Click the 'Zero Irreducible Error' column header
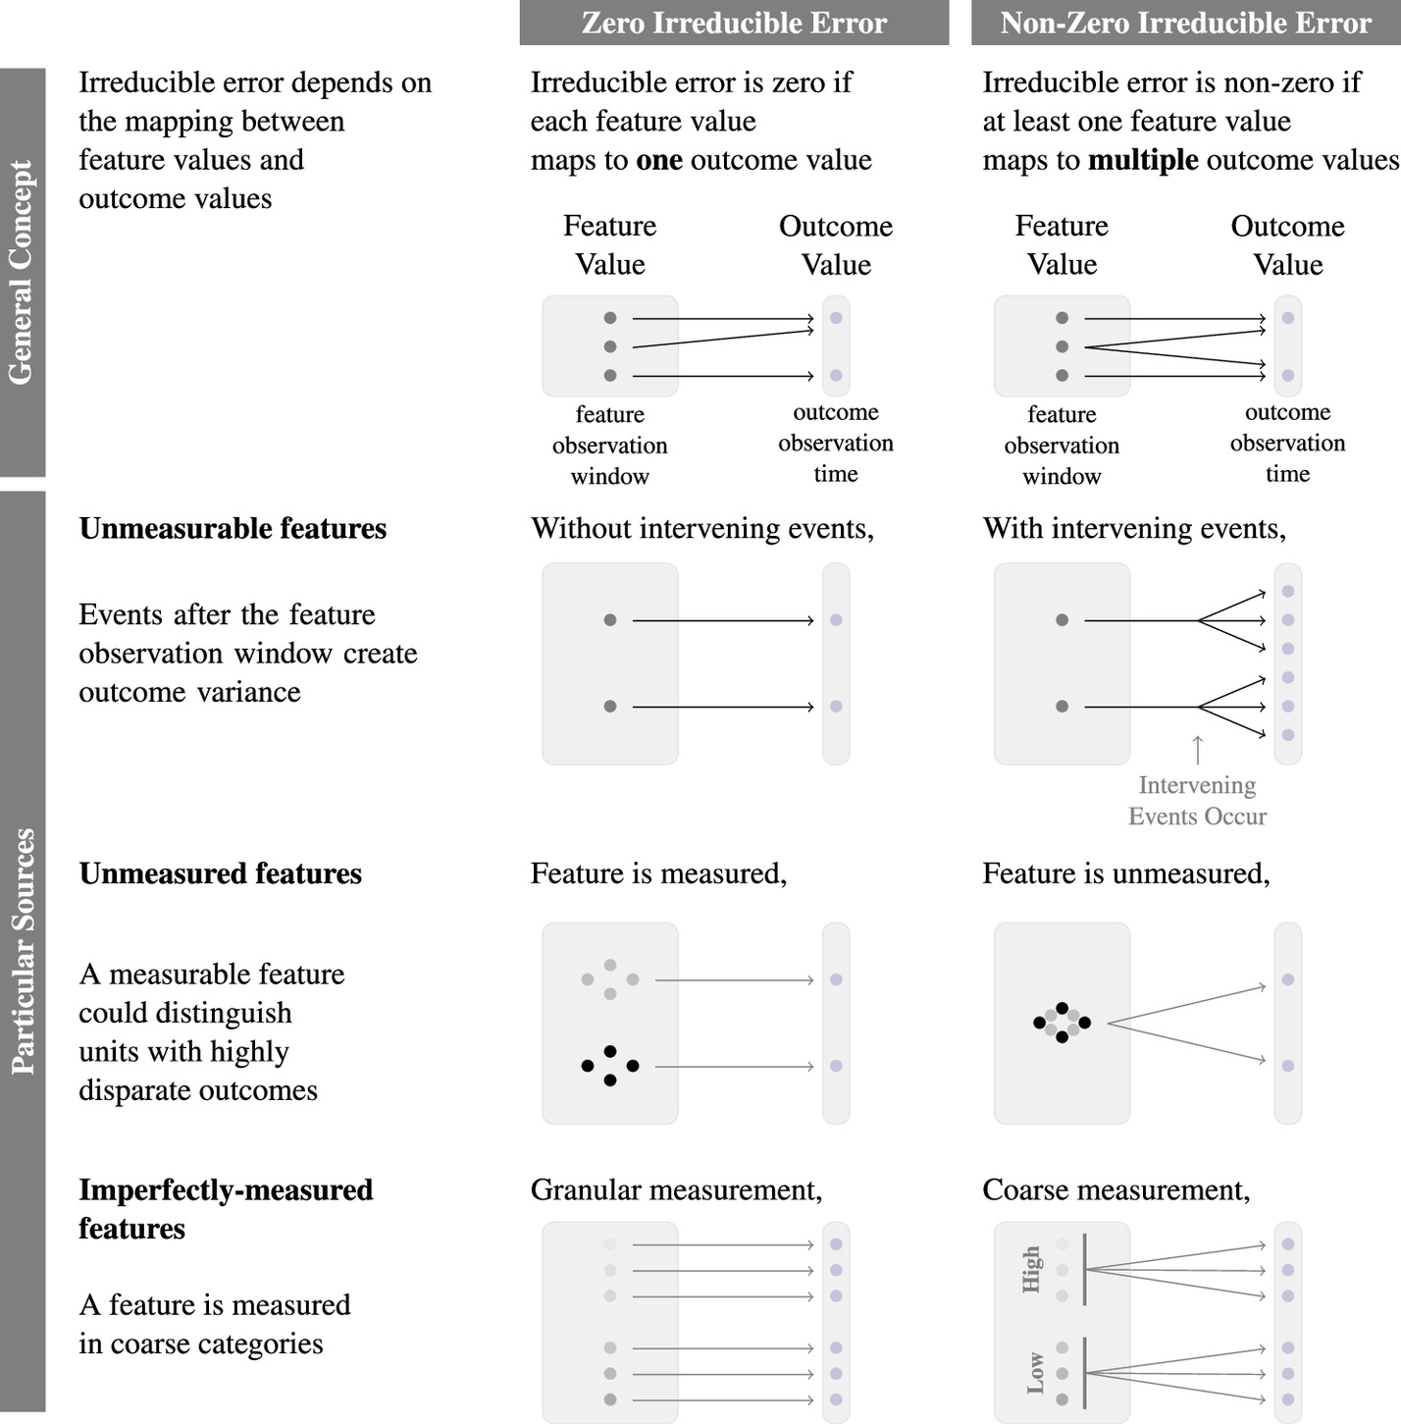point(734,23)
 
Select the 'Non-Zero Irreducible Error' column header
point(1185,23)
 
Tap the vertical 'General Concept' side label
point(22,272)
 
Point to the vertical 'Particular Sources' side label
point(22,951)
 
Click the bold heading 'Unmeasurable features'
point(233,529)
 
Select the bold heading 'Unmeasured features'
point(220,874)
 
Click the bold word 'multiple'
point(1143,160)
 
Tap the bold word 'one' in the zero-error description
point(658,160)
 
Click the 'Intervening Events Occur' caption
point(1197,801)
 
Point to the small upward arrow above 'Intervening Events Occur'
point(1197,749)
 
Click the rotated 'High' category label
point(1031,1269)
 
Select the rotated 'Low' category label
point(1035,1372)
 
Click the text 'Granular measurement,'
point(676,1190)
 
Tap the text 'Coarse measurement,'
point(1116,1190)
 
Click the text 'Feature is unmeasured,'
point(1125,874)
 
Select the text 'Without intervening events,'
point(701,529)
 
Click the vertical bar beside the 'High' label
point(1084,1269)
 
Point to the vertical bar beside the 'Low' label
point(1084,1372)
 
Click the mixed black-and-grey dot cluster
point(1062,1023)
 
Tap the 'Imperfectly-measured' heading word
point(226,1190)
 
